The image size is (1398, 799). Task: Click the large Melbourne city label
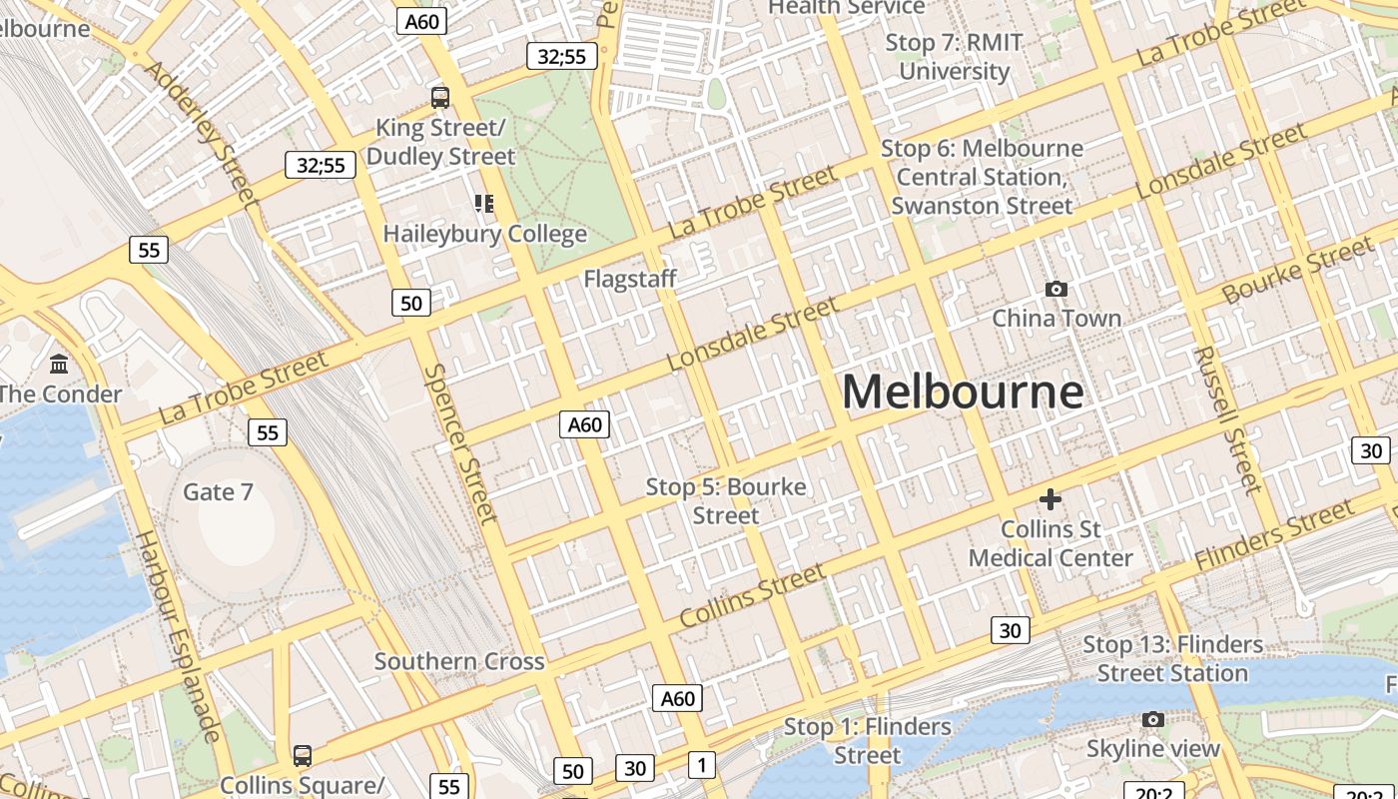(963, 392)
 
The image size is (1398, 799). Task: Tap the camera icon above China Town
(1055, 290)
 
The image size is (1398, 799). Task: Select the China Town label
(1055, 319)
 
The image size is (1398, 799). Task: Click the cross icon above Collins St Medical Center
(1049, 499)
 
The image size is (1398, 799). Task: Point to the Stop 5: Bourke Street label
(726, 501)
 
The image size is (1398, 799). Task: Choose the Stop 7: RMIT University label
(954, 57)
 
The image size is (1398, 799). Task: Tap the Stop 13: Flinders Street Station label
(1172, 659)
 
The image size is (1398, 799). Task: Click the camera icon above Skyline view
(1152, 720)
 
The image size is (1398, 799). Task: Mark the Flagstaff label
(630, 279)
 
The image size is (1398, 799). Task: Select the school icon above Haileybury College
(484, 205)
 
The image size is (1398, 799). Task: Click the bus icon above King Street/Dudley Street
(439, 98)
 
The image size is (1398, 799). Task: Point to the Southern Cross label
(459, 661)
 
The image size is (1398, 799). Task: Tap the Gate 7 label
(218, 491)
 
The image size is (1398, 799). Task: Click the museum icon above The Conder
(59, 365)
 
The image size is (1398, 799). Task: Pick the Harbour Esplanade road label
(178, 637)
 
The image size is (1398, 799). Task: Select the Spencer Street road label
(460, 442)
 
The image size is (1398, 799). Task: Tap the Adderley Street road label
(200, 130)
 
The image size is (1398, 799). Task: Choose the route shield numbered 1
(702, 765)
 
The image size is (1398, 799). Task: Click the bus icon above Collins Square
(302, 756)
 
